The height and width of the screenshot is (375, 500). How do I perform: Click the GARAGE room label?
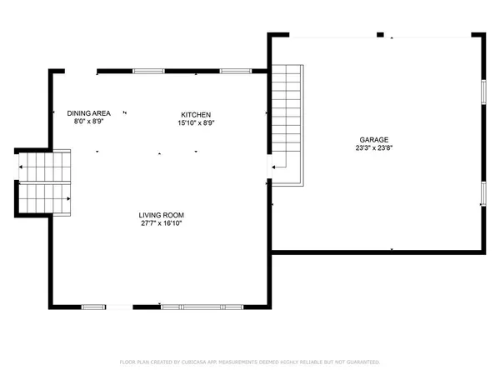(x=374, y=140)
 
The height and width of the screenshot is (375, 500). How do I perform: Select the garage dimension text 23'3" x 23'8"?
(x=374, y=149)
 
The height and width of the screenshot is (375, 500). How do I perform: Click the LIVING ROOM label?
(x=161, y=216)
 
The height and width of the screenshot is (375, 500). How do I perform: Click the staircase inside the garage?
(x=288, y=125)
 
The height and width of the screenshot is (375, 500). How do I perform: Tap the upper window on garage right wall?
(x=482, y=91)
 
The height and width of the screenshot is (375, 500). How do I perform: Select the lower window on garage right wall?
(x=482, y=193)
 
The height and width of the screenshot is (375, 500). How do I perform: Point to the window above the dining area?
(x=148, y=71)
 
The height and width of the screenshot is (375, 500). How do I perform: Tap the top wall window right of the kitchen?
(x=236, y=71)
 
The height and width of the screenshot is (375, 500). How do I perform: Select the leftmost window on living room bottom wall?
(x=93, y=307)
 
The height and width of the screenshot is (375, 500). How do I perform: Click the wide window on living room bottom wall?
(x=197, y=307)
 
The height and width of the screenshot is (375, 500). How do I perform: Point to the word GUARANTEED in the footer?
(x=360, y=362)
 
